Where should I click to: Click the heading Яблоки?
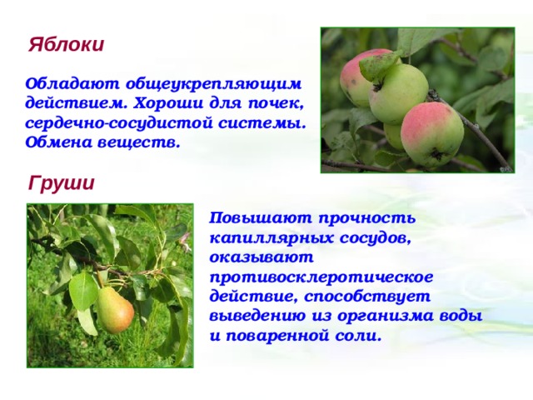(x=66, y=44)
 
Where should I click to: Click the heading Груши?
(x=61, y=183)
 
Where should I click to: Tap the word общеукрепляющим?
(x=213, y=84)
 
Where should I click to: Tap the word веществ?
(x=139, y=142)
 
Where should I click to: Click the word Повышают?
(x=261, y=218)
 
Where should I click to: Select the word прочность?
(x=367, y=218)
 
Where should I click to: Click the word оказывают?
(x=262, y=257)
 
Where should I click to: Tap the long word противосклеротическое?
(x=321, y=277)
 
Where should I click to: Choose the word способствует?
(x=367, y=297)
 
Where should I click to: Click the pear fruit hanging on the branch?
(x=115, y=310)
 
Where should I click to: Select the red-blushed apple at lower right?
(x=432, y=134)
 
